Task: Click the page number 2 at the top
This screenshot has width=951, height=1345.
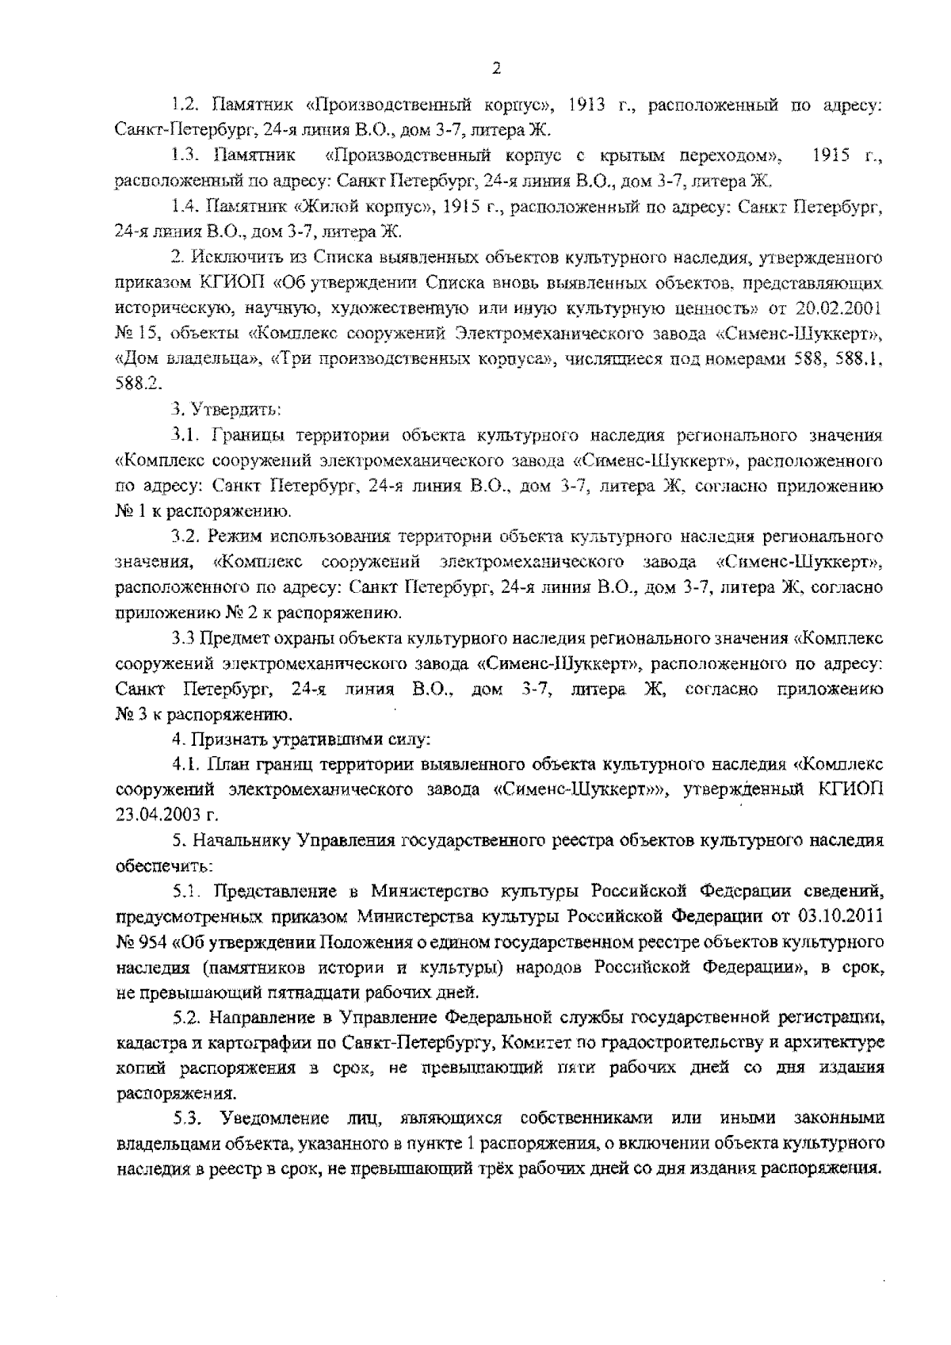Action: tap(496, 69)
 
